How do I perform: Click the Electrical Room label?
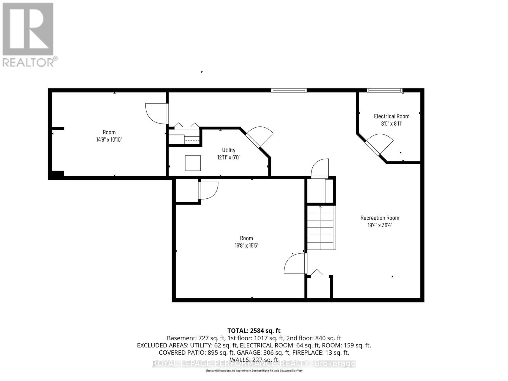[x=391, y=116]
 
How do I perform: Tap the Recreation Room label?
[x=380, y=218]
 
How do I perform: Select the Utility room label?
[x=229, y=150]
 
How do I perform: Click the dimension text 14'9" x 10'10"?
[x=109, y=139]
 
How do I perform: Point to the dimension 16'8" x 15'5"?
[x=246, y=245]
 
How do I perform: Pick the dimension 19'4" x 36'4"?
[x=380, y=225]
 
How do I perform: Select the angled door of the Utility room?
[x=259, y=137]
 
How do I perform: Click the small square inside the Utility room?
[x=193, y=163]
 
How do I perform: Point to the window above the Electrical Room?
[x=384, y=90]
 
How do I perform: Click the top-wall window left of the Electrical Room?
[x=289, y=90]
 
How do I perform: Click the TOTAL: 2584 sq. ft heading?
[x=254, y=331]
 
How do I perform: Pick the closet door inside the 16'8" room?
[x=208, y=190]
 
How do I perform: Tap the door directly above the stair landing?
[x=320, y=168]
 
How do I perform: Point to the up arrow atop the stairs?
[x=320, y=207]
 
